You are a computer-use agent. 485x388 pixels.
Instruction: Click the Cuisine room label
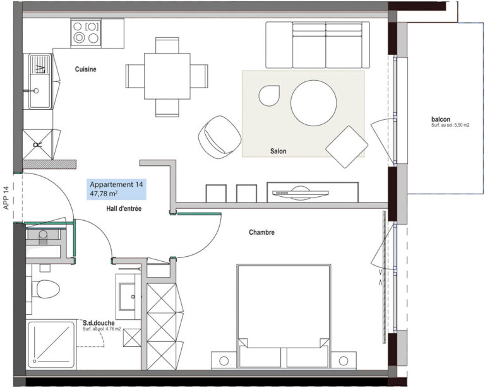tap(85, 69)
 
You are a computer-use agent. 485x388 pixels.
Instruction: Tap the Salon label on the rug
tap(278, 151)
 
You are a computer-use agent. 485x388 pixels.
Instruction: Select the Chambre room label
tap(261, 232)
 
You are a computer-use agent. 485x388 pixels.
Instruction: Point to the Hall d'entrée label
tap(124, 209)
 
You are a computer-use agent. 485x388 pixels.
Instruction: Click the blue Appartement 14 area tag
tap(116, 189)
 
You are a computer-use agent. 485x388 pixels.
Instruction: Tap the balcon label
tap(441, 119)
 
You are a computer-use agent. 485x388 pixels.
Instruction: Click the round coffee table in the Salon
tap(313, 103)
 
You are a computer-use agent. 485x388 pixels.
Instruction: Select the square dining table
tap(167, 76)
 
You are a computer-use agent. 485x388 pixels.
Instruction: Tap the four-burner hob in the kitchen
tap(86, 32)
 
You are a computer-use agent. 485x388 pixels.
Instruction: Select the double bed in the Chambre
tap(284, 316)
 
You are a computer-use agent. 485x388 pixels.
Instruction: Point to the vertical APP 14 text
tap(6, 198)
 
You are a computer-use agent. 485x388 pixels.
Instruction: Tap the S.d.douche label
tap(99, 323)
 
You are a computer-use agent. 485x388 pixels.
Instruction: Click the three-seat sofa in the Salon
tap(318, 45)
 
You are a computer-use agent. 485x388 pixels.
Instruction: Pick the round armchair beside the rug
tap(220, 137)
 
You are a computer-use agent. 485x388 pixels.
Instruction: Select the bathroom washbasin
tap(128, 297)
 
